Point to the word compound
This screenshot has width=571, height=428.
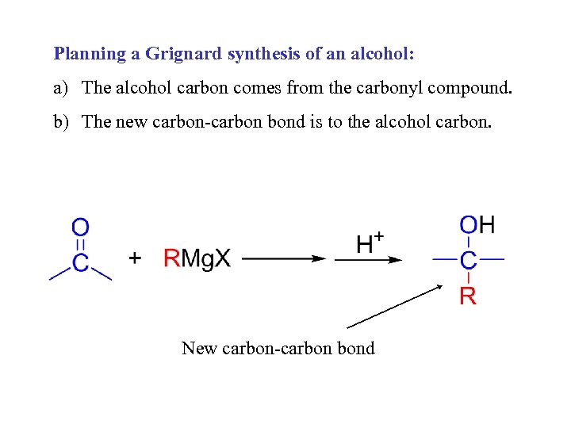tap(470, 88)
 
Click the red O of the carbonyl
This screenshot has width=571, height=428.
tap(81, 228)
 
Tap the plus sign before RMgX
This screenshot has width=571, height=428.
tap(136, 258)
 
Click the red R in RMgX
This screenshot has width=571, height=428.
tap(172, 258)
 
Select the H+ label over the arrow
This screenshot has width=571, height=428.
tap(370, 242)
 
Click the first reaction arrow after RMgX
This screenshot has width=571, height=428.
tap(284, 258)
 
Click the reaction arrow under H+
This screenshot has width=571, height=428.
tap(368, 259)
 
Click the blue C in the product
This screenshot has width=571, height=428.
tap(469, 259)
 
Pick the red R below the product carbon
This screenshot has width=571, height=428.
tap(469, 296)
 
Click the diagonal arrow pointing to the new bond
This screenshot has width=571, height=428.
tap(394, 307)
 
